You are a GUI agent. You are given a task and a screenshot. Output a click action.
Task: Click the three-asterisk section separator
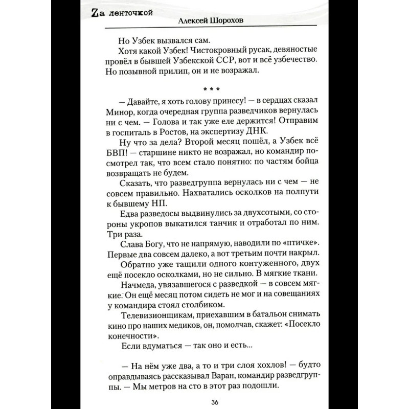[x=204, y=92]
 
